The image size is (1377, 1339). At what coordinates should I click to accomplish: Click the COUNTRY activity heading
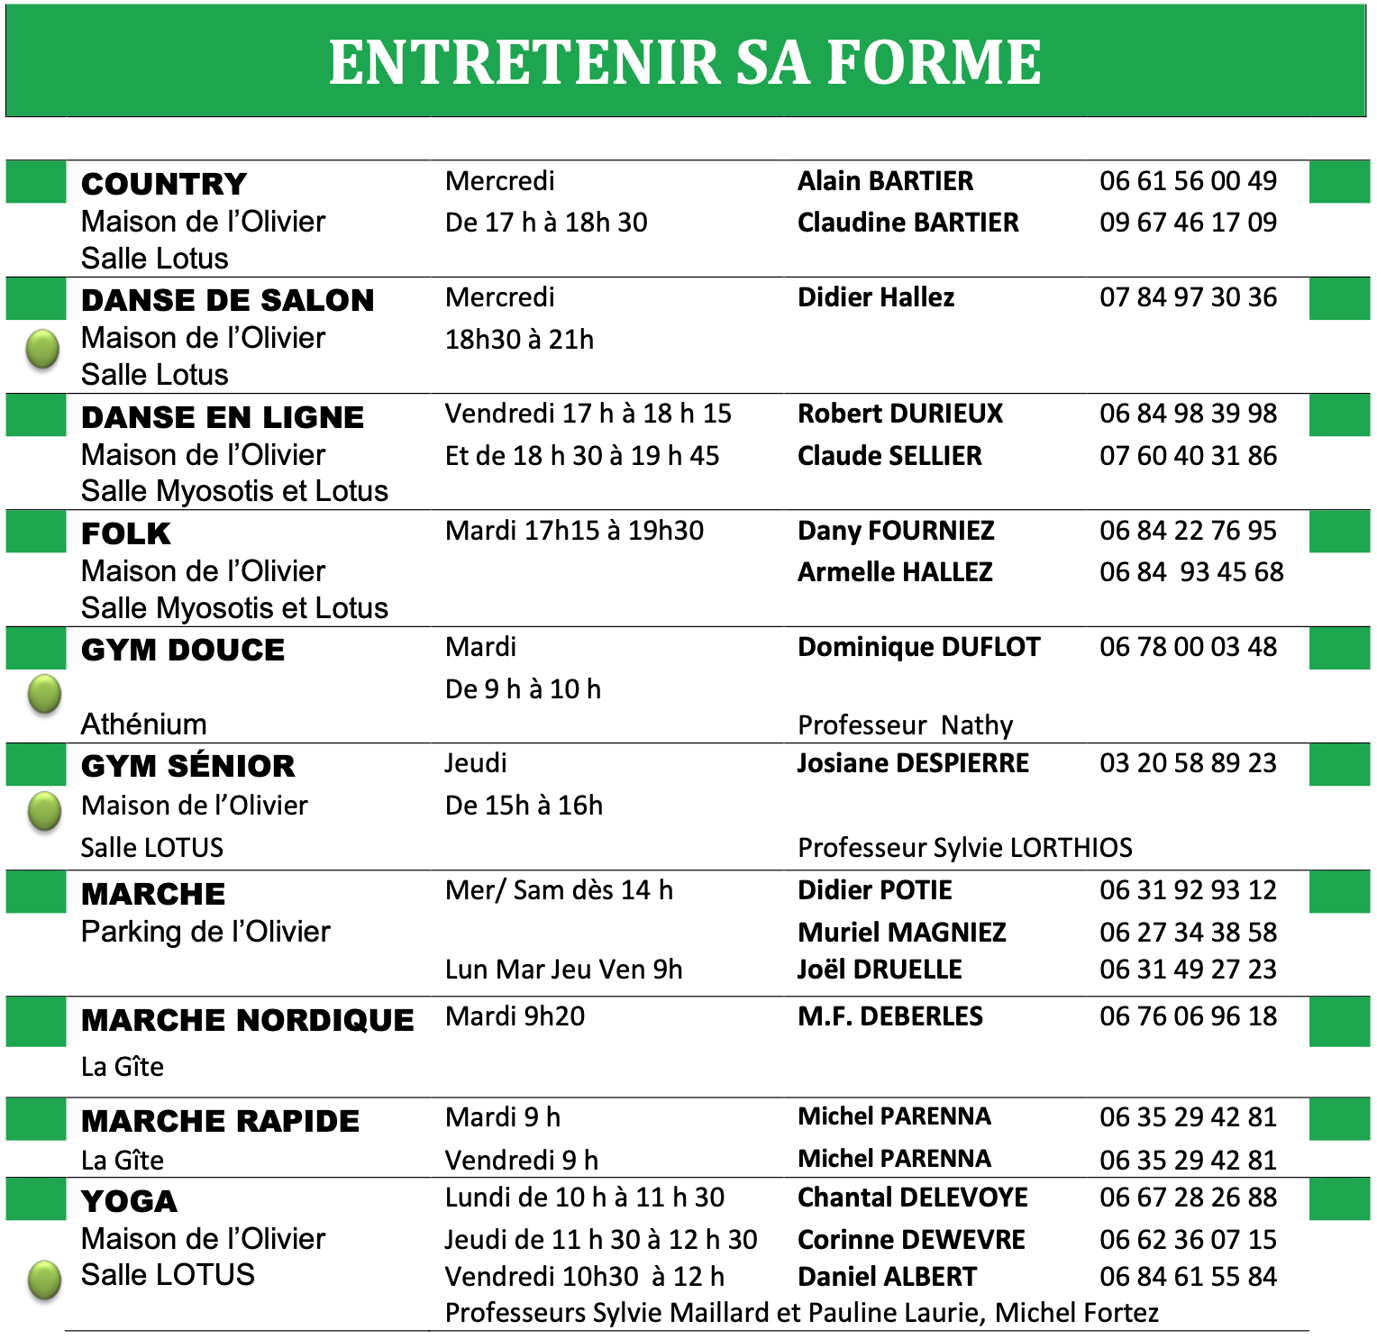[164, 184]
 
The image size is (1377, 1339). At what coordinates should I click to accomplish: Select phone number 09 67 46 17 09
[1188, 222]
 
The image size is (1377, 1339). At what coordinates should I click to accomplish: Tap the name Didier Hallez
[876, 297]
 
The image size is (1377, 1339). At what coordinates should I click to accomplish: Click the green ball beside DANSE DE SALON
[42, 349]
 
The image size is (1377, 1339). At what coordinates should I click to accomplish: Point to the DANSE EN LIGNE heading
[223, 417]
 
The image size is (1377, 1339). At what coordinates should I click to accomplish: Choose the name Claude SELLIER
[889, 455]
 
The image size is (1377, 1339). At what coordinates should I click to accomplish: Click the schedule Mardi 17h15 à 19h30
[574, 530]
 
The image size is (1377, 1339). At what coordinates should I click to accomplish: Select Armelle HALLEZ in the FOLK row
[895, 571]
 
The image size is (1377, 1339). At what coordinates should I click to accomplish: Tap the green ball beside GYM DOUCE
[44, 694]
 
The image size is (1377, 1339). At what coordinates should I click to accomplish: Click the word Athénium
[144, 724]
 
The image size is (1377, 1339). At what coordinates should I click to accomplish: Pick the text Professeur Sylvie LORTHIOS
[965, 847]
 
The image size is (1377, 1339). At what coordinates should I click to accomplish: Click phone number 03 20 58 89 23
[1188, 763]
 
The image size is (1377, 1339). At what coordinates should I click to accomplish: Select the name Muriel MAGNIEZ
[902, 932]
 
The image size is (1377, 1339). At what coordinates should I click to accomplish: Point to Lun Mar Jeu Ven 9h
[563, 969]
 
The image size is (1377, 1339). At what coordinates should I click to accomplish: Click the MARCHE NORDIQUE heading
[248, 1020]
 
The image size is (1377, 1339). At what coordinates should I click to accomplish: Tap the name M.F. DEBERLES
[890, 1016]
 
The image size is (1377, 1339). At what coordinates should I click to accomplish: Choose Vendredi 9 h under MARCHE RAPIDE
[521, 1160]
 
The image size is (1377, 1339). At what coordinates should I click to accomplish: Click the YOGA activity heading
[130, 1201]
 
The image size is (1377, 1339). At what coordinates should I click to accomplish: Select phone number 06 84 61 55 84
[1188, 1276]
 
